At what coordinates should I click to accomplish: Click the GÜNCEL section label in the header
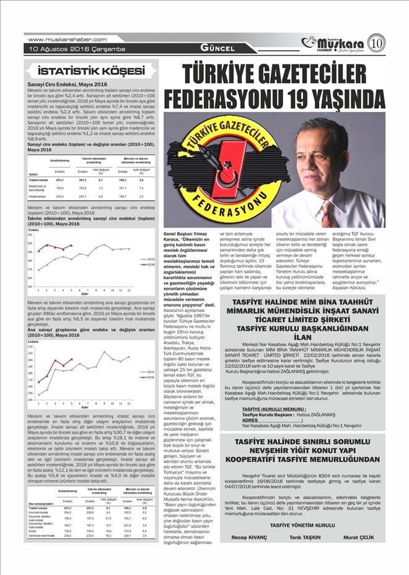217,48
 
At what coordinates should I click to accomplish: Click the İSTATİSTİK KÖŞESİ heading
90,71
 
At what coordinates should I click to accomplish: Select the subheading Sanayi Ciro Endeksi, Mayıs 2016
68,83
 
